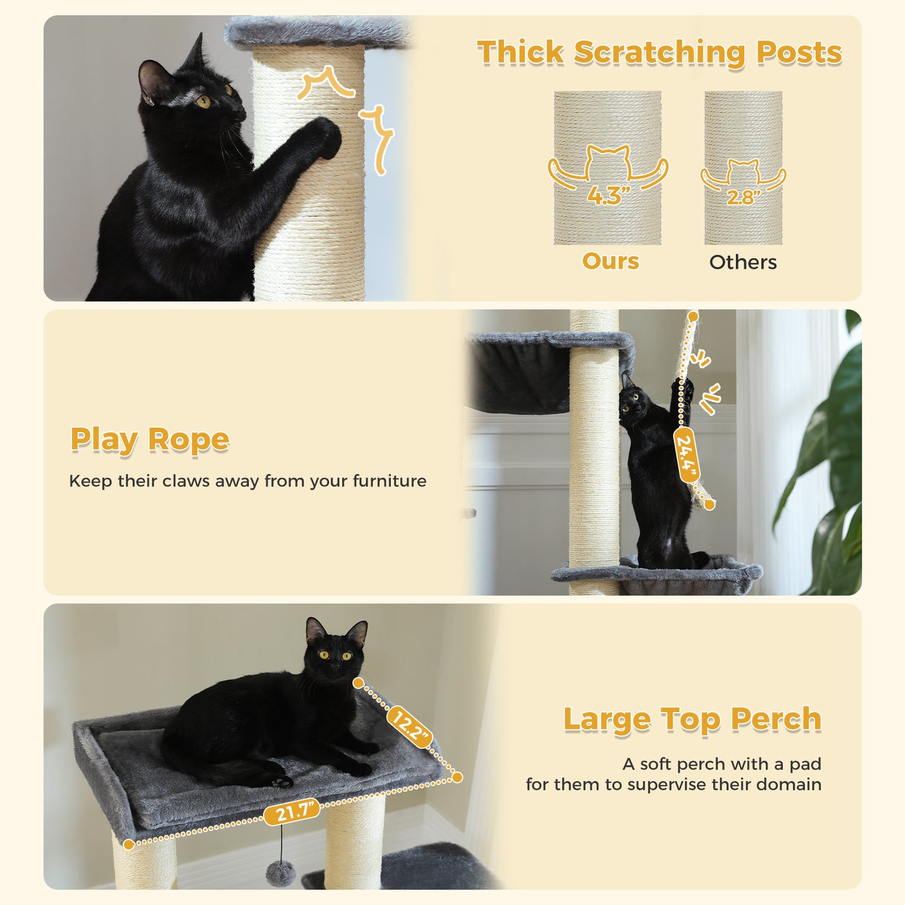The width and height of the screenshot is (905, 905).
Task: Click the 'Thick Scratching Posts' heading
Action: (x=659, y=53)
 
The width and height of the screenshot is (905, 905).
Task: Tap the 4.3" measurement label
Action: (x=608, y=196)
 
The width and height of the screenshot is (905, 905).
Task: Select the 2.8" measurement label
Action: (x=743, y=198)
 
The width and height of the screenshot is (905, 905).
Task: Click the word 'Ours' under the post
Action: (x=611, y=261)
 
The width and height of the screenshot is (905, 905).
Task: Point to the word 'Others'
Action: (x=743, y=262)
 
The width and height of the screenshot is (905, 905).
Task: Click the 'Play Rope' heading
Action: (x=150, y=440)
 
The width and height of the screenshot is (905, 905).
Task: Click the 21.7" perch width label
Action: (x=292, y=813)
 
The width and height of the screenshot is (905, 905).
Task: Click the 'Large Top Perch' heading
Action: (x=692, y=719)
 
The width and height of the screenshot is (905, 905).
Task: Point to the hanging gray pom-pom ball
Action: (x=279, y=872)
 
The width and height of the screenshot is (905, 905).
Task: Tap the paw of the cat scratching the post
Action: (x=326, y=135)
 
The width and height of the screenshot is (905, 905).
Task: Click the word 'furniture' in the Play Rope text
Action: (x=390, y=481)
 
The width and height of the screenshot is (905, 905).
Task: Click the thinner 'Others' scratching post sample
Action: (x=743, y=125)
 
